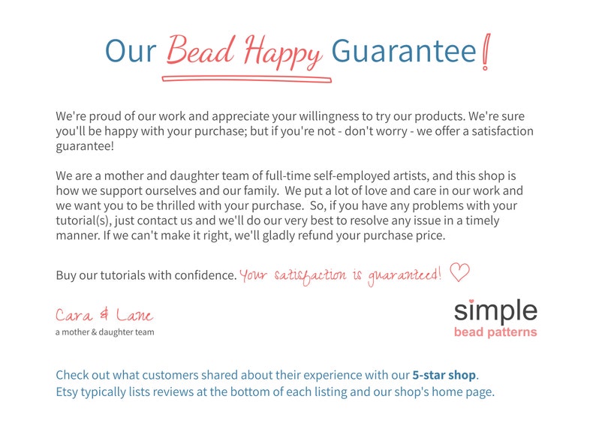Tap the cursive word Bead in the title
197,49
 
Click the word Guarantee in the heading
404,50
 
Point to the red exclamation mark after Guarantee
487,51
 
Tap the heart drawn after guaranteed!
459,272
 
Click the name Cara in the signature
74,316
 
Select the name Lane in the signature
135,316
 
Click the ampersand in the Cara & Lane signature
104,316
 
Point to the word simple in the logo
495,311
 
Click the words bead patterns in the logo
495,331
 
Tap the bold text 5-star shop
444,374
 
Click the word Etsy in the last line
68,391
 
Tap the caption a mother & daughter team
104,331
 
